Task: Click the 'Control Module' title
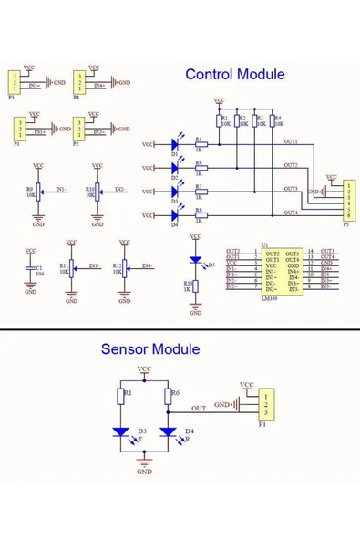(x=234, y=75)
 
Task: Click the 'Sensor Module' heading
(x=150, y=348)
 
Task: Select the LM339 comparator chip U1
(x=282, y=269)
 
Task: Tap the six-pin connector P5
(x=347, y=201)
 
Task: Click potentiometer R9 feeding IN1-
(x=37, y=192)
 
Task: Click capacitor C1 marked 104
(x=31, y=271)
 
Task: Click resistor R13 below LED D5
(x=195, y=287)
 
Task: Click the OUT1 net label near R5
(x=291, y=140)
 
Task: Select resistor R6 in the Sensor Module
(x=169, y=396)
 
